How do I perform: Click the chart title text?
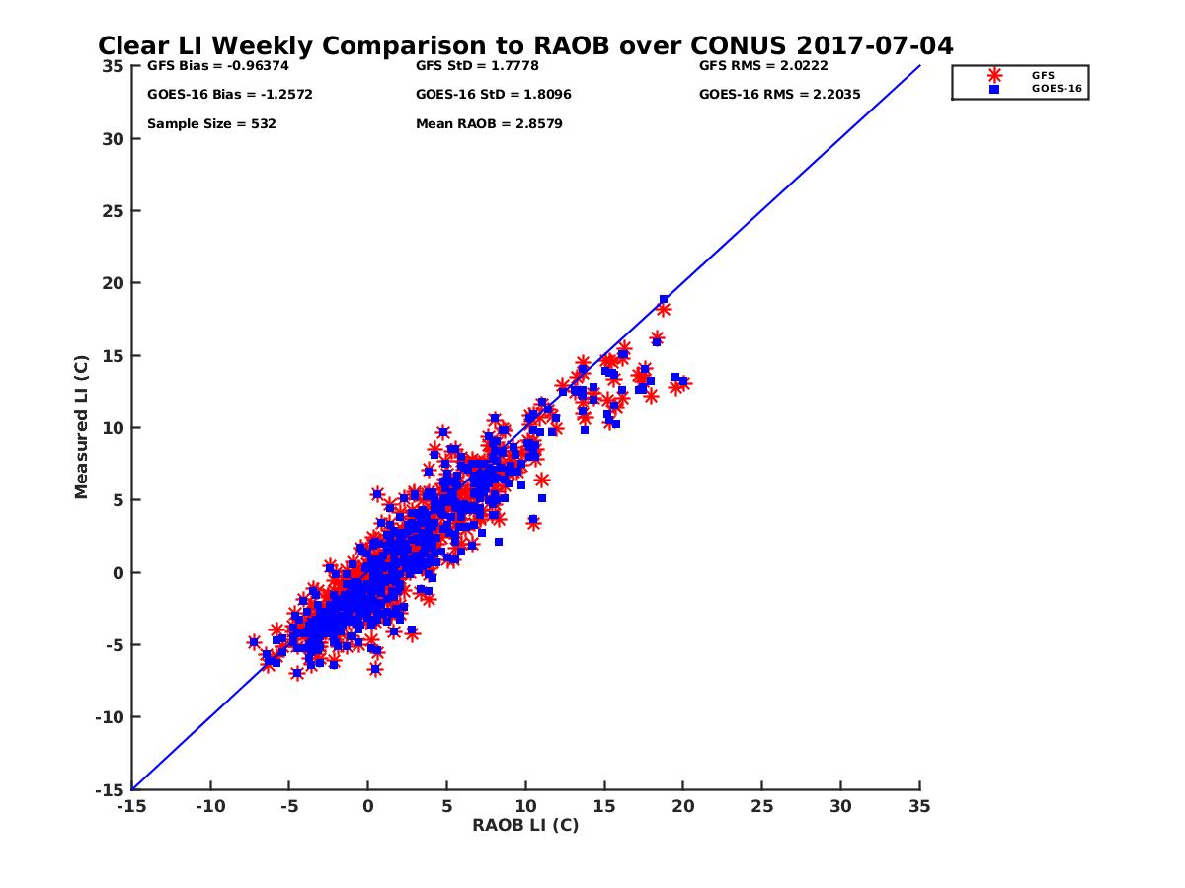[525, 45]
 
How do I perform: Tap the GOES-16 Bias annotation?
[216, 95]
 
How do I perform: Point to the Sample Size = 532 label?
[211, 124]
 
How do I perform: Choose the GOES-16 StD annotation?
[494, 95]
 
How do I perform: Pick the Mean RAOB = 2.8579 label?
[489, 124]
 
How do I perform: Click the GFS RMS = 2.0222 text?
[763, 66]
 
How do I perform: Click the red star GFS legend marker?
[994, 75]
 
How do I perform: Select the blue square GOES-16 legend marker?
[994, 89]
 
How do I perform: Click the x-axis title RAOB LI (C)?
[525, 825]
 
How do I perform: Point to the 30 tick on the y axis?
[115, 139]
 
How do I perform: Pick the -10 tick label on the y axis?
[111, 717]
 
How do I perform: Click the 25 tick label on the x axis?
[761, 806]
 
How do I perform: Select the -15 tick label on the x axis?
[130, 806]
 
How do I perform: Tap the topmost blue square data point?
[664, 299]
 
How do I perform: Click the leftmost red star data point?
[254, 642]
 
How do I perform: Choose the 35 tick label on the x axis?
[919, 806]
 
